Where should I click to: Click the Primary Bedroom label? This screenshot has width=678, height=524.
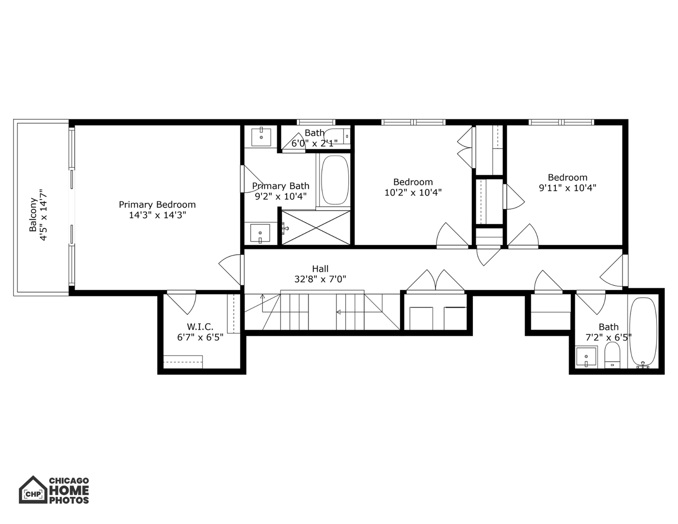(x=157, y=205)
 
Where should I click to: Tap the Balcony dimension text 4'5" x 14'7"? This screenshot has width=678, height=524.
(x=44, y=214)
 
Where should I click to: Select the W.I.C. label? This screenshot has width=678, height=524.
(x=200, y=327)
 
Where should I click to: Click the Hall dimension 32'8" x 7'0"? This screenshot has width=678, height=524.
(x=320, y=279)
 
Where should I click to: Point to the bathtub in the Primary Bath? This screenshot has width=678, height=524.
(x=335, y=180)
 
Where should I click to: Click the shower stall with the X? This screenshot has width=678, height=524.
(x=316, y=227)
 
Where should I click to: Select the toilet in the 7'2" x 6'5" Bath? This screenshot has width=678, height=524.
(x=613, y=355)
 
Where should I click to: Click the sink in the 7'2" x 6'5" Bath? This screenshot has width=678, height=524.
(x=586, y=358)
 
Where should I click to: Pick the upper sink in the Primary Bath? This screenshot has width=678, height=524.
(x=262, y=136)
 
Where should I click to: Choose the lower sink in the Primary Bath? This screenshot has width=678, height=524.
(x=260, y=233)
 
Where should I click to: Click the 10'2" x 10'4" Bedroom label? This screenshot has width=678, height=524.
(x=413, y=182)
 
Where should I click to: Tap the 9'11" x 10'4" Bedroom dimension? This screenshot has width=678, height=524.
(x=567, y=188)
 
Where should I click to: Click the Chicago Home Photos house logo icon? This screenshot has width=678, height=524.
(x=32, y=490)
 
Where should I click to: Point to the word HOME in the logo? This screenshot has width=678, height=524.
(x=69, y=491)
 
